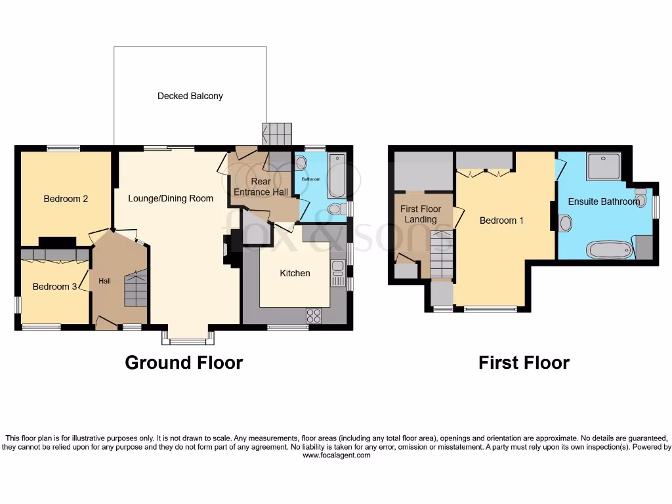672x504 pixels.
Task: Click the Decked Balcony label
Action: (190, 96)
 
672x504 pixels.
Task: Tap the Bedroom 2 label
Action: (66, 199)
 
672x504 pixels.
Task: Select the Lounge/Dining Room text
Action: (171, 198)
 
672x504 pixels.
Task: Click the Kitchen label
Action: (295, 273)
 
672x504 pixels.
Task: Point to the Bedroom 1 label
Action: (501, 220)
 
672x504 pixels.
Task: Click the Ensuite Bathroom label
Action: (603, 201)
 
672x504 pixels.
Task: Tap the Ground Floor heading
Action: (184, 362)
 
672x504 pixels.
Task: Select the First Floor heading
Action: (524, 362)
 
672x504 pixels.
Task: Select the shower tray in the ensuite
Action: (604, 166)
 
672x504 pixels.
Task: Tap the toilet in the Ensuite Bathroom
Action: (641, 197)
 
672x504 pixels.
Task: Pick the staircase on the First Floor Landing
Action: (442, 255)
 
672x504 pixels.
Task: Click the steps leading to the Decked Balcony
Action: (277, 135)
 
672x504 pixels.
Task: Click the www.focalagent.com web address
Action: (336, 455)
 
